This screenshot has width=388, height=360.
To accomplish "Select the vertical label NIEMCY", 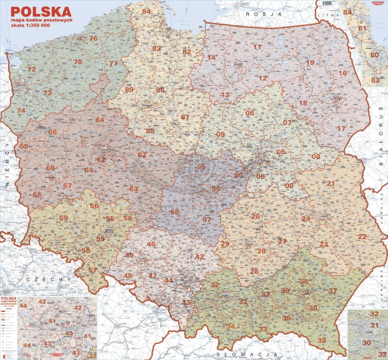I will (8, 164).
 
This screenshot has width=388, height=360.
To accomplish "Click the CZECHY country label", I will (47, 280).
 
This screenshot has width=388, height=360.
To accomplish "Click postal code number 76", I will (93, 38).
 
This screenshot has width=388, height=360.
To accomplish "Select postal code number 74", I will (21, 111).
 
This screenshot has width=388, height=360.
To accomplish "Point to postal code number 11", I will (257, 47).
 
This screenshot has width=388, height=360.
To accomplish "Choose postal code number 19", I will (310, 63).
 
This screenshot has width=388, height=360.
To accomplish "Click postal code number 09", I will (220, 135).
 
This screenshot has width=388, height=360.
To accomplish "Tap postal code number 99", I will (201, 166).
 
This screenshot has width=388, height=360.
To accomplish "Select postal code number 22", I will (362, 237).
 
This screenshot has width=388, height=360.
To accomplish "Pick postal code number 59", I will (64, 218).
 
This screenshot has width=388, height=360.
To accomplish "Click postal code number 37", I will (333, 291).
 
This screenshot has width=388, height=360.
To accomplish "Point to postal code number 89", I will (129, 90).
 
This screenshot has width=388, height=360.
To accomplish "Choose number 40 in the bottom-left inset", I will (69, 334).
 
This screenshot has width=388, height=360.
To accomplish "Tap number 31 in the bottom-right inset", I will (374, 325).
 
